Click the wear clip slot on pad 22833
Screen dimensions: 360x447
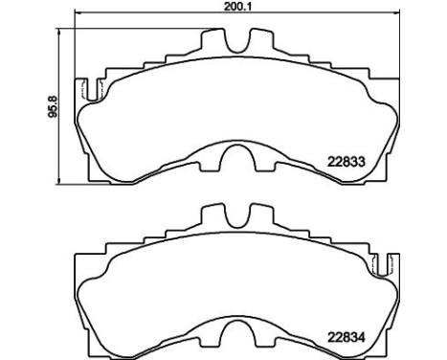[x=92, y=92]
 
